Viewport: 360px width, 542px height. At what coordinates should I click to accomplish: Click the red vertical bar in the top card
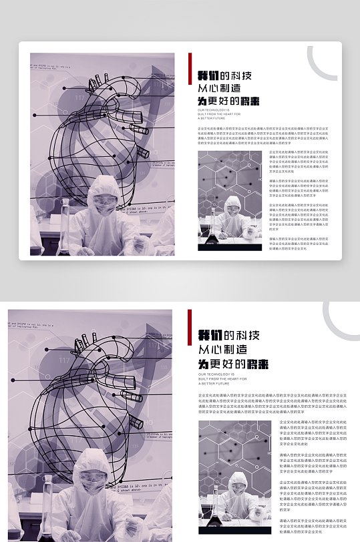pos(190,68)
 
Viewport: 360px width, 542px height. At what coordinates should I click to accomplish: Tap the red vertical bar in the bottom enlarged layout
pos(190,326)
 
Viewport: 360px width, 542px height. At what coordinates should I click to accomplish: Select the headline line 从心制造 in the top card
pos(218,88)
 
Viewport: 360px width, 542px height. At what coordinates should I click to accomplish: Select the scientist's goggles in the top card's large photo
pos(104,200)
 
